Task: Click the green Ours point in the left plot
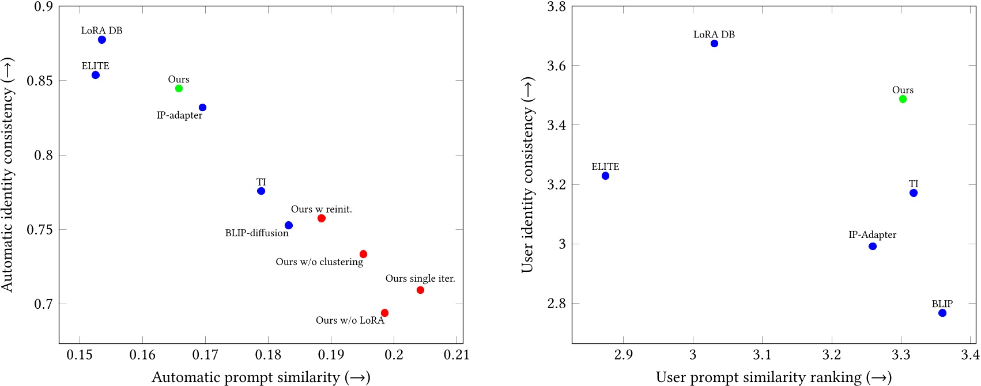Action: pyautogui.click(x=179, y=88)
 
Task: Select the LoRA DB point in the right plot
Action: pyautogui.click(x=714, y=43)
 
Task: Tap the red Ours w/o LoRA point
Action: pyautogui.click(x=384, y=313)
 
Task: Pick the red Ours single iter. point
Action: pyautogui.click(x=420, y=290)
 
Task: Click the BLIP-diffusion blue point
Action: pyautogui.click(x=289, y=225)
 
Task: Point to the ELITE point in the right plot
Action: pyautogui.click(x=605, y=176)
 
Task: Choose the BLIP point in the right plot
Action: pyautogui.click(x=942, y=313)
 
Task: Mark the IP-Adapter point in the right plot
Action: pyautogui.click(x=873, y=246)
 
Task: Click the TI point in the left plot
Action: pyautogui.click(x=261, y=191)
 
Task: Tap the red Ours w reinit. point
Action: pyautogui.click(x=322, y=218)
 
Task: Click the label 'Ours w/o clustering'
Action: pyautogui.click(x=319, y=262)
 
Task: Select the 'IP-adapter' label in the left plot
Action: pyautogui.click(x=179, y=116)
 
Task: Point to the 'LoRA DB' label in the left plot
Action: pyautogui.click(x=101, y=31)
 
